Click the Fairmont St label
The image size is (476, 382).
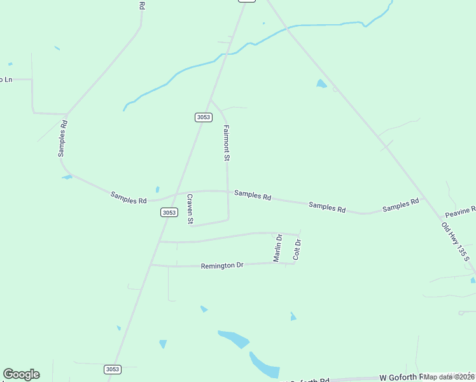coord(226,142)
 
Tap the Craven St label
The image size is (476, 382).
coord(190,209)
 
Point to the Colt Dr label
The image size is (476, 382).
coord(297,249)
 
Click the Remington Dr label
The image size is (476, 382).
coord(222,265)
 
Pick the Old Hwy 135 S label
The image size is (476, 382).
coord(456,240)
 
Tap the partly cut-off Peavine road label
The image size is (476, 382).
coord(460,211)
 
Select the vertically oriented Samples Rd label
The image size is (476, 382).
coord(62,137)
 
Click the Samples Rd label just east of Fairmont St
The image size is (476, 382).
coord(253,195)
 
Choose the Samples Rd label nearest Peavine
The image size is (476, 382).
coord(400,205)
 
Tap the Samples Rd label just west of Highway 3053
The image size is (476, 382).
coord(129,198)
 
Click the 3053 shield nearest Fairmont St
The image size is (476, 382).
coord(203,117)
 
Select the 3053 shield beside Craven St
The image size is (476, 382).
coord(169,213)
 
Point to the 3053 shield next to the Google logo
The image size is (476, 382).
coord(112,369)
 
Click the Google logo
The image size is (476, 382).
coord(21,374)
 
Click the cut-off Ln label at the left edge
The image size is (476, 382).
coord(6,80)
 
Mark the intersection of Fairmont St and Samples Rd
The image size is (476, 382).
coord(227,191)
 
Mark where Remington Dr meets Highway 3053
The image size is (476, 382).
coord(151,264)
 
